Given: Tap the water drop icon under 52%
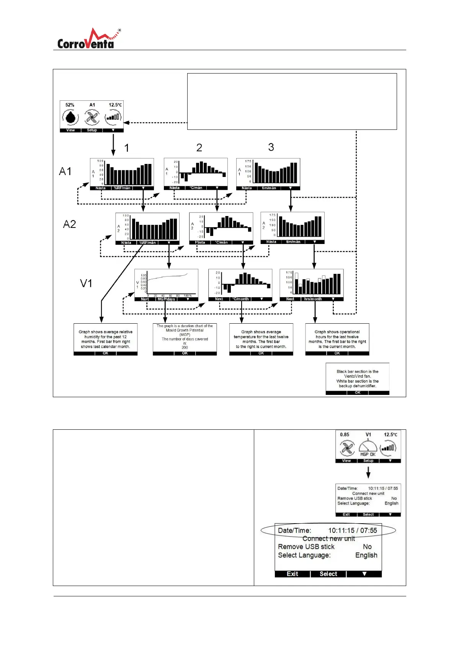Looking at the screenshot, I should tap(70, 117).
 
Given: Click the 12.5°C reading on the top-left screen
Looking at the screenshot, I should tap(115, 105).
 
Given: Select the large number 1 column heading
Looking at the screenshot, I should tap(127, 148).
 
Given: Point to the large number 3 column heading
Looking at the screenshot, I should tap(271, 147).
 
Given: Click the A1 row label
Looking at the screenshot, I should tap(65, 171).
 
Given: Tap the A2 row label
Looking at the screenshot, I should tap(69, 224).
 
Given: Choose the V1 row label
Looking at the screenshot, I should tap(86, 283).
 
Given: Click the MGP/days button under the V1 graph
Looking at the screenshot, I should tap(166, 299).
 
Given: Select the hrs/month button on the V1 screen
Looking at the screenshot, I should tap(313, 299).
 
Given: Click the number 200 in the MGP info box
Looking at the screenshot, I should tap(185, 347).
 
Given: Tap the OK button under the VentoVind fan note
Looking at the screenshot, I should tap(357, 393).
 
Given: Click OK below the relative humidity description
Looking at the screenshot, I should tap(105, 354).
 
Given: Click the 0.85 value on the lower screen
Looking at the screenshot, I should tap(345, 435).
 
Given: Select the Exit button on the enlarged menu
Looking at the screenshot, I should tap(292, 574).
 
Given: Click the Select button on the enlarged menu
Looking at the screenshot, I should tap(328, 574).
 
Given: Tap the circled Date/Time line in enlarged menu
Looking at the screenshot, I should tap(328, 530).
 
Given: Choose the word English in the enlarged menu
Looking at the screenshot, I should tap(366, 555).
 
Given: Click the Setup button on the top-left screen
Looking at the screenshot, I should tap(92, 130).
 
